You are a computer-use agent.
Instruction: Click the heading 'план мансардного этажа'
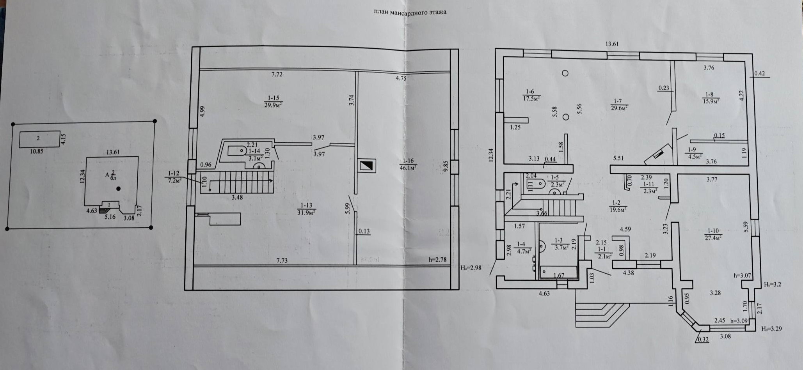tap(410, 12)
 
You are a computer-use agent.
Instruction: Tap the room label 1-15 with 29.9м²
tap(273, 101)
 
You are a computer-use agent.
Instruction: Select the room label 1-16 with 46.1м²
tap(408, 164)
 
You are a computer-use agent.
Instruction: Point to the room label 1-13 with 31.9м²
tap(306, 209)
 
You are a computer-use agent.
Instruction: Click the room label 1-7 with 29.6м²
tap(619, 104)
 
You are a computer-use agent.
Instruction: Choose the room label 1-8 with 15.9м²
tap(710, 97)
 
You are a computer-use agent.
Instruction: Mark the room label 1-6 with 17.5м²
tap(531, 95)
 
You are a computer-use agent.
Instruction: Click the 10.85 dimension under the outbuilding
tap(36, 151)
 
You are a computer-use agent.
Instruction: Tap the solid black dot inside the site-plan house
tap(119, 189)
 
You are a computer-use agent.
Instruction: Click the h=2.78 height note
tap(437, 260)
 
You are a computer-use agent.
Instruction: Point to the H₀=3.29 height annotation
tap(771, 329)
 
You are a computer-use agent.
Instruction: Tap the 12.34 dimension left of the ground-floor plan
tap(491, 155)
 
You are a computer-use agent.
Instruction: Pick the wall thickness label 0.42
tap(760, 73)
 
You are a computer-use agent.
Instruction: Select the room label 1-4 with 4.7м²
tap(522, 248)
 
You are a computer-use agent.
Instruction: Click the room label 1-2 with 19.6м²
tap(617, 206)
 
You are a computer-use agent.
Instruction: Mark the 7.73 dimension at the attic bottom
tap(282, 260)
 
